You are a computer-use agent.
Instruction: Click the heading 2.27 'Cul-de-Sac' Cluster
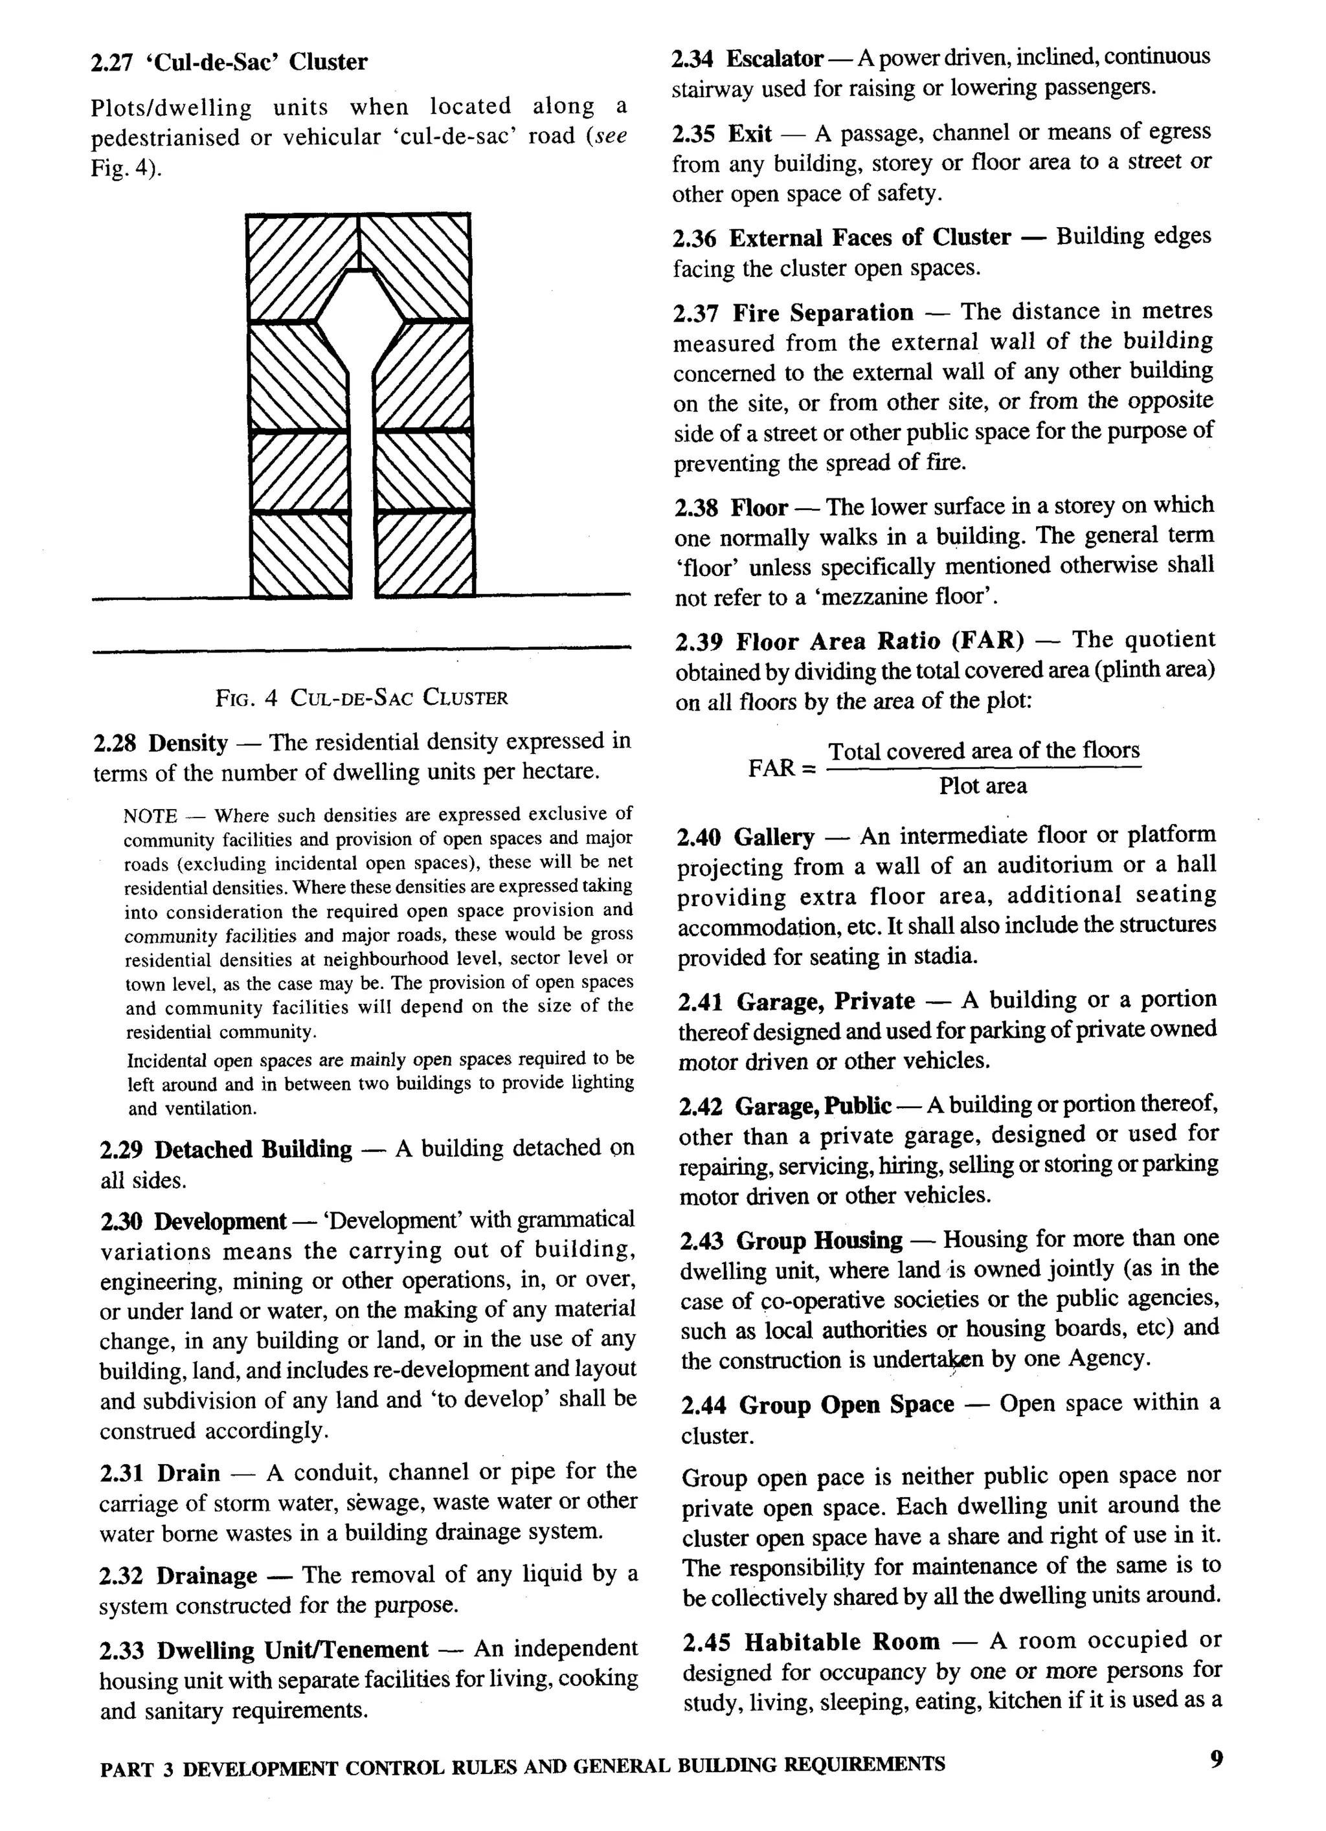229,62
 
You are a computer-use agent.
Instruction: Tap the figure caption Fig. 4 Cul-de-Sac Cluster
361,698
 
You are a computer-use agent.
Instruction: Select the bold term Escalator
774,59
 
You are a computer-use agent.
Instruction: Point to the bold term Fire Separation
822,313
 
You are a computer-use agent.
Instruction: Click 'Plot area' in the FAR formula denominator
982,786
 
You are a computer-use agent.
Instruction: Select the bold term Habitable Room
842,1642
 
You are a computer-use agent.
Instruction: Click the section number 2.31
121,1473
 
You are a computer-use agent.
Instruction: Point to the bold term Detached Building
253,1149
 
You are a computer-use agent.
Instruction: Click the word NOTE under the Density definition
150,816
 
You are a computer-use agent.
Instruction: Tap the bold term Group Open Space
846,1404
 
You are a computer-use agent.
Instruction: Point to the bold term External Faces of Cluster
869,238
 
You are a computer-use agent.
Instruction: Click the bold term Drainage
206,1575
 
